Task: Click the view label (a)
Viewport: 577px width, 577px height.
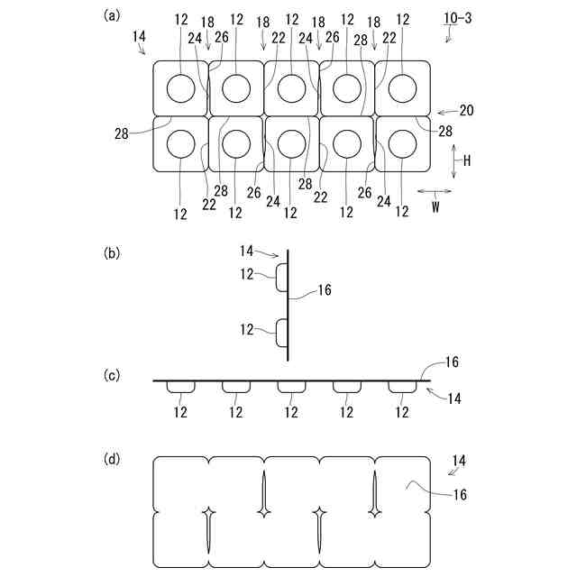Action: (x=113, y=14)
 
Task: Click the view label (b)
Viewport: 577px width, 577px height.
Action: (x=113, y=253)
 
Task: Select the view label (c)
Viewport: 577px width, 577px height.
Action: (x=113, y=374)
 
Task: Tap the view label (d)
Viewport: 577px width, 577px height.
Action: (x=113, y=459)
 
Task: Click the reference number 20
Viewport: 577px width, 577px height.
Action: (x=466, y=111)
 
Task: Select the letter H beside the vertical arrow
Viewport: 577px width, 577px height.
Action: (x=468, y=159)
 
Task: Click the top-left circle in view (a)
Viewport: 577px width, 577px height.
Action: (x=180, y=88)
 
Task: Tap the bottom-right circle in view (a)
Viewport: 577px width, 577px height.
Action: (x=402, y=144)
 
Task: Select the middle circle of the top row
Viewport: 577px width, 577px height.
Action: (x=291, y=88)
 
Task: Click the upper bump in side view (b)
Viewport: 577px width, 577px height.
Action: (x=282, y=278)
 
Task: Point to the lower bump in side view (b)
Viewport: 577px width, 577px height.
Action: (x=282, y=333)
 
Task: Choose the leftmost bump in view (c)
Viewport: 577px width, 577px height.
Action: (x=181, y=387)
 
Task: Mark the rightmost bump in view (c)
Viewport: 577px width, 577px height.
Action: (x=402, y=387)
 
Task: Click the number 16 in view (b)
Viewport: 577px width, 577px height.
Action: (x=325, y=290)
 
